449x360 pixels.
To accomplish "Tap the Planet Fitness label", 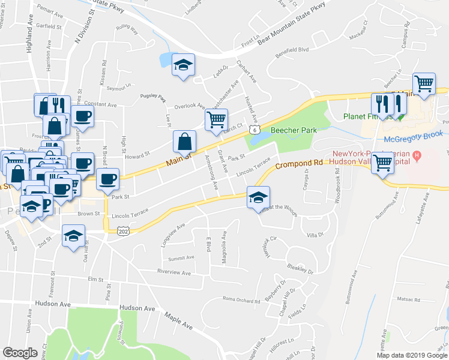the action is tap(366, 116).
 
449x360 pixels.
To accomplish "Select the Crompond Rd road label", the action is tap(300, 164).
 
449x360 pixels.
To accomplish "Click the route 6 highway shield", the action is tap(255, 130).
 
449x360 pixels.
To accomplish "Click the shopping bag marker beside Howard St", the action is tap(184, 142).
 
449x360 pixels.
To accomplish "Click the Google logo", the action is tap(20, 353).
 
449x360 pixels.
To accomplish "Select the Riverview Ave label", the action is tap(173, 272).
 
